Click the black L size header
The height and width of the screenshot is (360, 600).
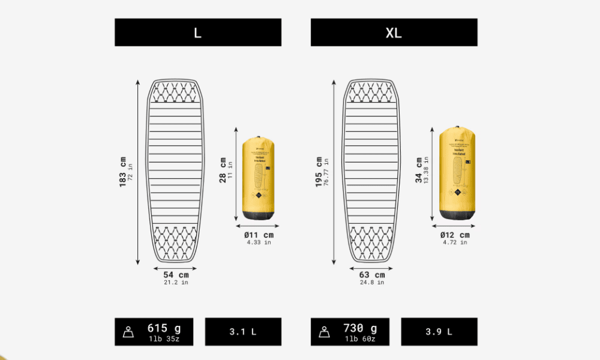pos(198,32)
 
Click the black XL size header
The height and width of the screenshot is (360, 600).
pos(394,32)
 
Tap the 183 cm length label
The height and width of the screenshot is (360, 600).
pos(124,172)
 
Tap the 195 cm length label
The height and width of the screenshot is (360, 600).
pos(319,172)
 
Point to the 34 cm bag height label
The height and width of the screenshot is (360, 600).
pos(420,170)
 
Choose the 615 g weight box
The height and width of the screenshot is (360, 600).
pos(155,332)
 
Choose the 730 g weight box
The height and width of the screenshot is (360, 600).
pos(349,332)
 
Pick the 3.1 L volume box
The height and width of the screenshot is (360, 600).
pos(243,332)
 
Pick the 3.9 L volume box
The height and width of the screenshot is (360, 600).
pos(439,332)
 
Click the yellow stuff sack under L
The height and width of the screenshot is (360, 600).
pos(259,178)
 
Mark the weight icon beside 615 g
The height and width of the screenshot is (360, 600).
pos(128,332)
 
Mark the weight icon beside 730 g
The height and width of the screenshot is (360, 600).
pos(323,332)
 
